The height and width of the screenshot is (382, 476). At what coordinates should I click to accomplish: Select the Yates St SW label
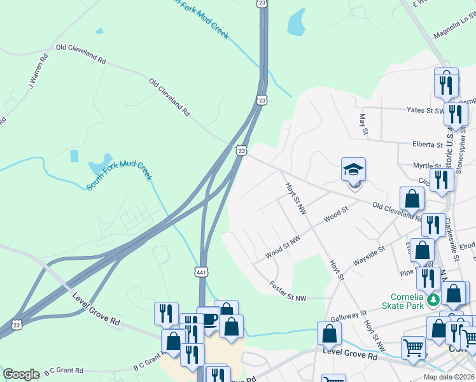[424, 110]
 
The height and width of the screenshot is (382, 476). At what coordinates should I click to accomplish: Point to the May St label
[363, 124]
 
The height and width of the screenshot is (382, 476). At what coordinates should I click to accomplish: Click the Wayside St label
[370, 253]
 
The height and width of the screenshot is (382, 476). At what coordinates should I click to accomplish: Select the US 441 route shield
[202, 272]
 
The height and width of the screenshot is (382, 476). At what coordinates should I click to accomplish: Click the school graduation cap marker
[354, 170]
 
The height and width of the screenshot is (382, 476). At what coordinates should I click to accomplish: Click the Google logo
[21, 374]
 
